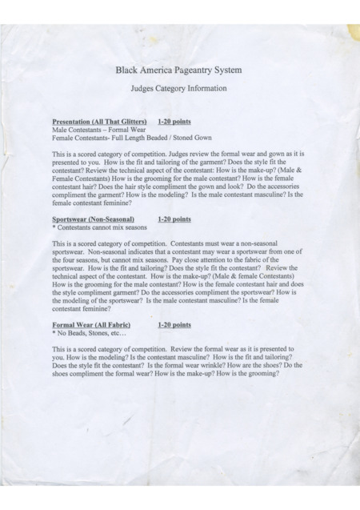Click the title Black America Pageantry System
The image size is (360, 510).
tap(179, 70)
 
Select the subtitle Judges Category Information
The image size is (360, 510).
tap(179, 88)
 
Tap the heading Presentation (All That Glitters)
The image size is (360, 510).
tap(99, 121)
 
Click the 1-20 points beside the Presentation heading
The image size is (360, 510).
tap(174, 121)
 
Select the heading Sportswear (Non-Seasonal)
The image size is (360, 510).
tap(94, 219)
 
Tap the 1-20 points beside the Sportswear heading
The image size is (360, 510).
tap(174, 219)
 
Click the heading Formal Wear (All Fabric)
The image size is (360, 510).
tap(90, 325)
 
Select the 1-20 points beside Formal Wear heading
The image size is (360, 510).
tap(174, 325)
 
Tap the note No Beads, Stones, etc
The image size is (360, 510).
tap(90, 333)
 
